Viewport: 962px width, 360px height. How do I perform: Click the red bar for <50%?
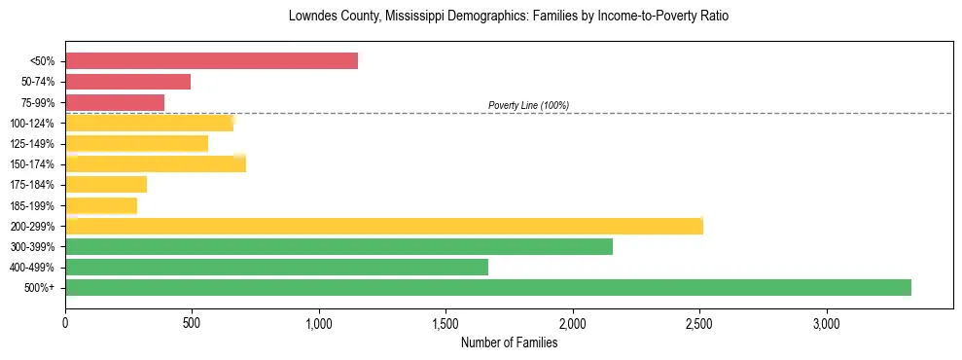click(x=211, y=60)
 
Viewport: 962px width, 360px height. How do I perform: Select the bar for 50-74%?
click(x=127, y=82)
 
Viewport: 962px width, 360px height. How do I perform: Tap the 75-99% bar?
click(x=115, y=102)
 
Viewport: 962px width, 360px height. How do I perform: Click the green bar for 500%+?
click(x=487, y=287)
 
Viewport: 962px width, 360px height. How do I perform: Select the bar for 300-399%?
click(x=338, y=246)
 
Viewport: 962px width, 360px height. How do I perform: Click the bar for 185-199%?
click(x=101, y=205)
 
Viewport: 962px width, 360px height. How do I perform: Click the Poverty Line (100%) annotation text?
click(x=528, y=105)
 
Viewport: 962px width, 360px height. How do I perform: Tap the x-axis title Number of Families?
click(x=509, y=342)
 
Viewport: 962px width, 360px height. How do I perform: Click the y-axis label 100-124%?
click(x=32, y=124)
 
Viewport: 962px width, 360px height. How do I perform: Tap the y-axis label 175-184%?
click(x=32, y=185)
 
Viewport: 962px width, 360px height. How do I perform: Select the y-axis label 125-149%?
click(x=32, y=144)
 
